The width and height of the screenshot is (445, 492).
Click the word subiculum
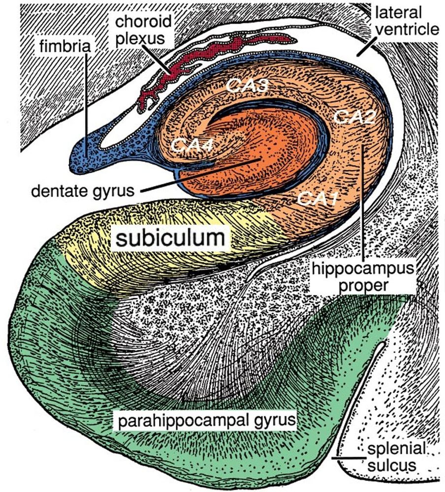coord(170,239)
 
